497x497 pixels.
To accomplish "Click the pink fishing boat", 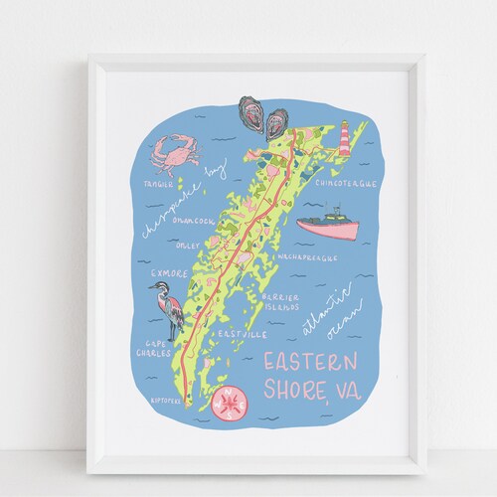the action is pos(328,221).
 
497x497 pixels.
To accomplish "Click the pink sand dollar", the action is pos(233,405).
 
